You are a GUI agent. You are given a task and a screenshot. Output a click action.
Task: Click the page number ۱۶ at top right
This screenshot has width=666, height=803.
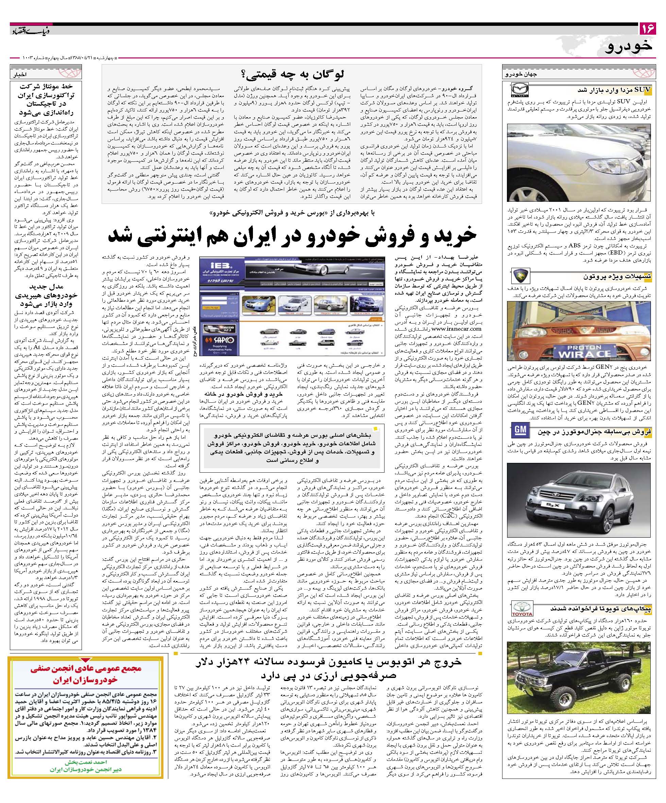[x=647, y=28]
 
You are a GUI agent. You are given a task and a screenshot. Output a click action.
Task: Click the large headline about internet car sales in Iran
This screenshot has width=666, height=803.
[x=292, y=235]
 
